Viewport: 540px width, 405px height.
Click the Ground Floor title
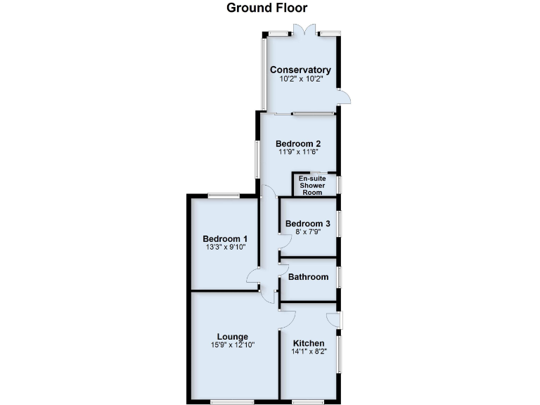(x=266, y=8)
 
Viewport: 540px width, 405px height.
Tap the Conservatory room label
(x=300, y=70)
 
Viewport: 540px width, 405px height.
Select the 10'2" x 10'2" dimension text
(x=300, y=80)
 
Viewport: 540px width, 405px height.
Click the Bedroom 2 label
(x=298, y=143)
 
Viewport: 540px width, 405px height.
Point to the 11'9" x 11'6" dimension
(x=298, y=153)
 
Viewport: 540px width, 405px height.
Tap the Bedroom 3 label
(x=307, y=224)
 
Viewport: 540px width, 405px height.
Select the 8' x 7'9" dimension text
(x=307, y=233)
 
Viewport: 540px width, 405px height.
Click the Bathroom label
(x=309, y=277)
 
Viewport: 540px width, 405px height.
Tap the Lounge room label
(x=232, y=336)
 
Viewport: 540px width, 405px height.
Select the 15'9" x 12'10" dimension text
(x=232, y=345)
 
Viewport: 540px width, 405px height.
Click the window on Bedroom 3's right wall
(x=339, y=224)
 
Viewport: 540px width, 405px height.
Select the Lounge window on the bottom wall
(x=232, y=402)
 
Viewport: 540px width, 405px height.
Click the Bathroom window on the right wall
(x=339, y=277)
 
